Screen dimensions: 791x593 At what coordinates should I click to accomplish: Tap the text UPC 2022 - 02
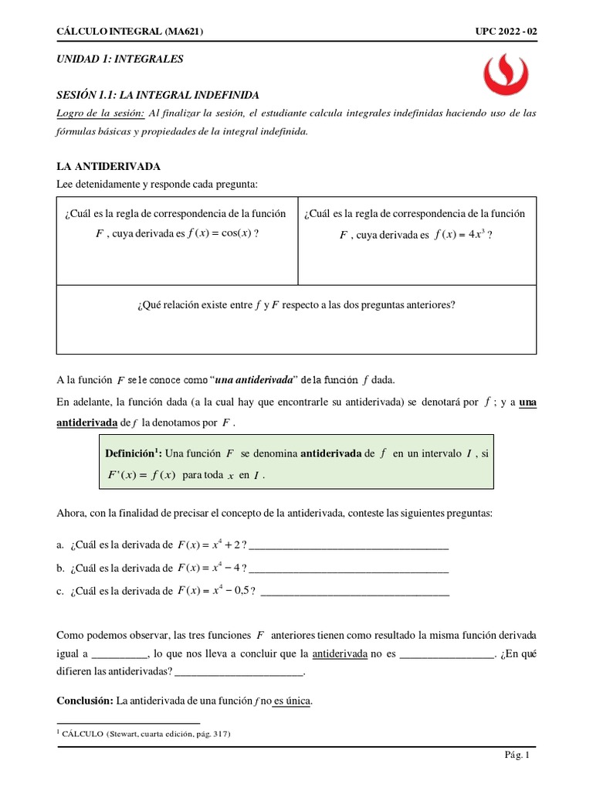coord(506,31)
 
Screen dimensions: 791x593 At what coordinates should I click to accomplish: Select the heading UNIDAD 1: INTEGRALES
coord(120,59)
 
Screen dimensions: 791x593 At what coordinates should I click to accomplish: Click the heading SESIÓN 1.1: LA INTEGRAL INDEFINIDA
coord(158,95)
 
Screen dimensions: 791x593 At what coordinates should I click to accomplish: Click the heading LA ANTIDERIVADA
coord(109,166)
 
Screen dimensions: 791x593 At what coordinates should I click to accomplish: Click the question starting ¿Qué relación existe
coord(296,304)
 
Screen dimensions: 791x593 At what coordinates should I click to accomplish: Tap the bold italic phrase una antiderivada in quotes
coord(256,379)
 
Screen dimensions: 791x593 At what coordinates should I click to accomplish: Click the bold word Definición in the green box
coord(131,454)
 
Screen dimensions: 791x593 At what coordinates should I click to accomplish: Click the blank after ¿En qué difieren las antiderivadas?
coord(239,673)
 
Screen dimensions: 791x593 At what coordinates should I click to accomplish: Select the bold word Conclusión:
coord(85,701)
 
